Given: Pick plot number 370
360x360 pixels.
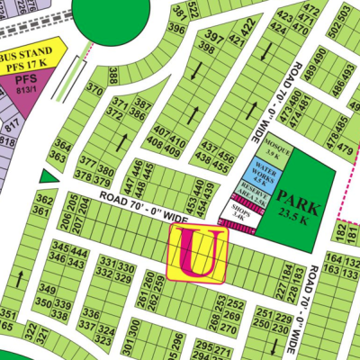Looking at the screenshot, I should (x=94, y=88).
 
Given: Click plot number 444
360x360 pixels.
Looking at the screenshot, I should (x=78, y=254).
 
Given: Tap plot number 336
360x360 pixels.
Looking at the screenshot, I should (x=90, y=313).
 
